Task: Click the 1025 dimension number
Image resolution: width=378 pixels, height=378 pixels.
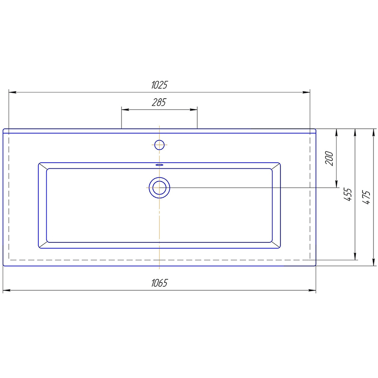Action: tap(159, 85)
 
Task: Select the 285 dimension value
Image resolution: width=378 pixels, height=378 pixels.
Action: tap(159, 102)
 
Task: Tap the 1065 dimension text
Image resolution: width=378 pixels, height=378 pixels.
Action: tap(159, 283)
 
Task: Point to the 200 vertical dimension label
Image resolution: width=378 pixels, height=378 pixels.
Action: tap(329, 158)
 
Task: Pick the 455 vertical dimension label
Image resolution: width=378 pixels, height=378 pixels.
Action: tap(348, 194)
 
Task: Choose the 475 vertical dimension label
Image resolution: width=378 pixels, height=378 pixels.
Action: tap(366, 198)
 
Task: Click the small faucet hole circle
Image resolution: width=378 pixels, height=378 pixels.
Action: tap(159, 145)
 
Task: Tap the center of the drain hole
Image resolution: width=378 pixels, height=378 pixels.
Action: tap(159, 188)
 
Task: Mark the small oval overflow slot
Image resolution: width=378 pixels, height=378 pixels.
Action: tap(159, 165)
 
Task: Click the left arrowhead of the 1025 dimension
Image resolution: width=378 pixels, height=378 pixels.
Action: tap(12, 92)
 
